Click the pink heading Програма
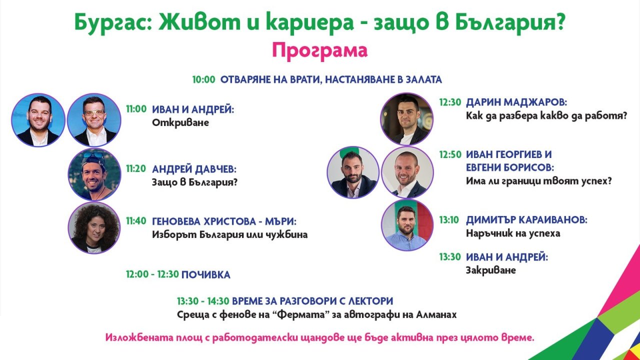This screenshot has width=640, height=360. pos(319,51)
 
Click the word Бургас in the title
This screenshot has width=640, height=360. pos(110,22)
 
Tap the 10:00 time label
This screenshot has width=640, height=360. pos(203,79)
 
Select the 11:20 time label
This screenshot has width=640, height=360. pos(136,168)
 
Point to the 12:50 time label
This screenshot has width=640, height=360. pos(450,154)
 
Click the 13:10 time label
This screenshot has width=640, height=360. pos(449,219)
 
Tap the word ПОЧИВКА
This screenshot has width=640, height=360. pos(205,275)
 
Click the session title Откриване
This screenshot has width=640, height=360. pos(180,122)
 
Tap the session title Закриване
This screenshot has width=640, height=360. pos(491,270)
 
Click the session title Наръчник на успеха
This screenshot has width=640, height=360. pos(513,233)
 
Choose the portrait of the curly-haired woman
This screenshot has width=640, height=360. pos(94,227)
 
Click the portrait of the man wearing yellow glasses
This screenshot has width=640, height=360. pos(94,119)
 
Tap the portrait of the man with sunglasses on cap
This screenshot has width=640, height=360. pos(94,174)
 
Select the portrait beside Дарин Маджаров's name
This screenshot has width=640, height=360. pos(407,119)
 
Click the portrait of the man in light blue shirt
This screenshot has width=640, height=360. pos(407,225)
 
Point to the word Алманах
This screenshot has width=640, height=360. pos(436,314)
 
